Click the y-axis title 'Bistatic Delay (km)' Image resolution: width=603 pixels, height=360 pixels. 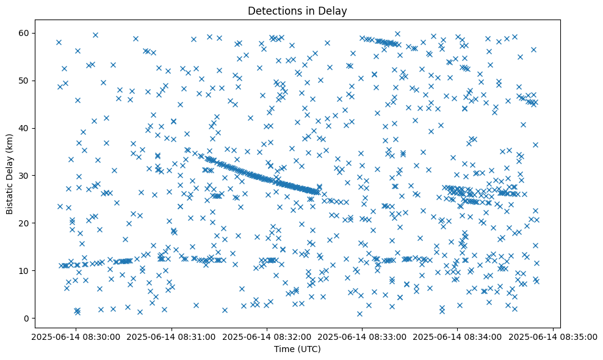pos(10,175)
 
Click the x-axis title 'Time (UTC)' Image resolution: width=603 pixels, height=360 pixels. pos(297,349)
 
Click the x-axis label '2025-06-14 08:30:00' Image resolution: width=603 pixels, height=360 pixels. pos(76,336)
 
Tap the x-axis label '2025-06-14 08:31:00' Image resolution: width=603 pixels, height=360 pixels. pos(172,336)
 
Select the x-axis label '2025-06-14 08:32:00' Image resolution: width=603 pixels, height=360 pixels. pos(267,336)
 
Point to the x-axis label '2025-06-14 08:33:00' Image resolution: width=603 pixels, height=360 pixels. pos(362,336)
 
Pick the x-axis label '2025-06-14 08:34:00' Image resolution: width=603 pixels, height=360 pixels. pos(457,336)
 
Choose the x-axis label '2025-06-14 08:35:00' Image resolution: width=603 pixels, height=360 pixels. pos(552,336)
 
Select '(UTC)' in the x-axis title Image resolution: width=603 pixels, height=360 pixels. pos(309,349)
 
